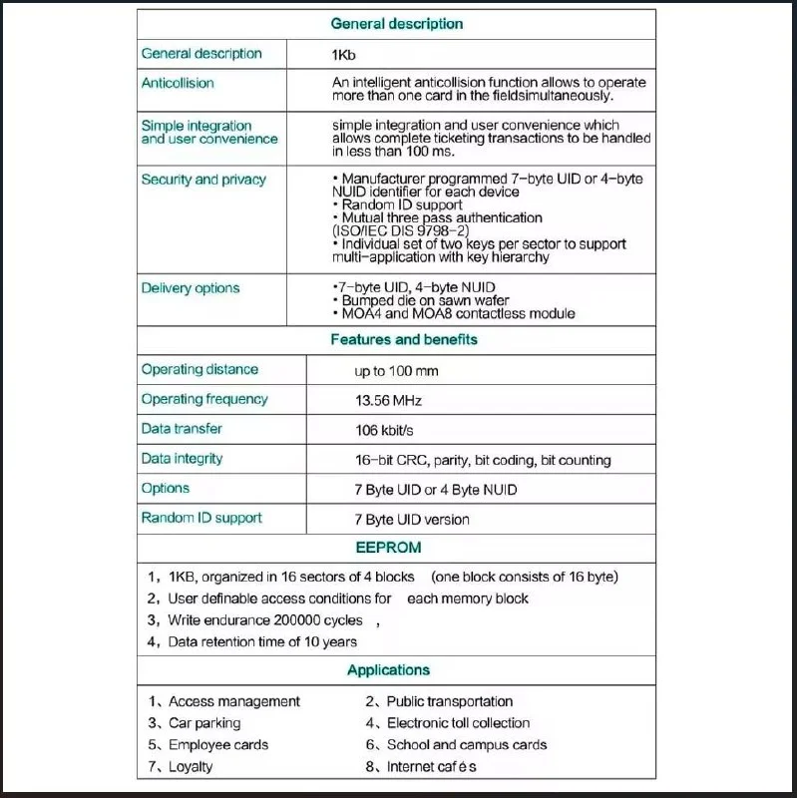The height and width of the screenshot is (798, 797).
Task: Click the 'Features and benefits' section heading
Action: click(403, 340)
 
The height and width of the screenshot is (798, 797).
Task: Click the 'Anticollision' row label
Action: click(178, 83)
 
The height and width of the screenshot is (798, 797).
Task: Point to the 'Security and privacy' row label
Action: click(203, 180)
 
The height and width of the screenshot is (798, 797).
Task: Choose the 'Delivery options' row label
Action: click(191, 288)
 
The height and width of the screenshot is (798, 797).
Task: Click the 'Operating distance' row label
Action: click(199, 370)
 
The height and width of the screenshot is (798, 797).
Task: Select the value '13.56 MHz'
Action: click(388, 401)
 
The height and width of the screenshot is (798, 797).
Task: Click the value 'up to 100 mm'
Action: click(396, 371)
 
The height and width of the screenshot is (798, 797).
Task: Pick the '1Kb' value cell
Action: click(343, 55)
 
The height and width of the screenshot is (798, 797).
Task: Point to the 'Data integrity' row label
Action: click(182, 459)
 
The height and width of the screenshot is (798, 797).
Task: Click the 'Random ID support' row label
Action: click(201, 518)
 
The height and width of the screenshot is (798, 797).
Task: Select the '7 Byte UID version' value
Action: click(411, 520)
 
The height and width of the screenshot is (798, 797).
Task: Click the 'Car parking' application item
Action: click(204, 723)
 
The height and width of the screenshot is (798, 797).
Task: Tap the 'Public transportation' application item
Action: click(450, 702)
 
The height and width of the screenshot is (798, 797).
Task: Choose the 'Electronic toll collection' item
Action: click(458, 723)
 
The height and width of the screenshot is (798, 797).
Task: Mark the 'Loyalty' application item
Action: click(191, 767)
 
